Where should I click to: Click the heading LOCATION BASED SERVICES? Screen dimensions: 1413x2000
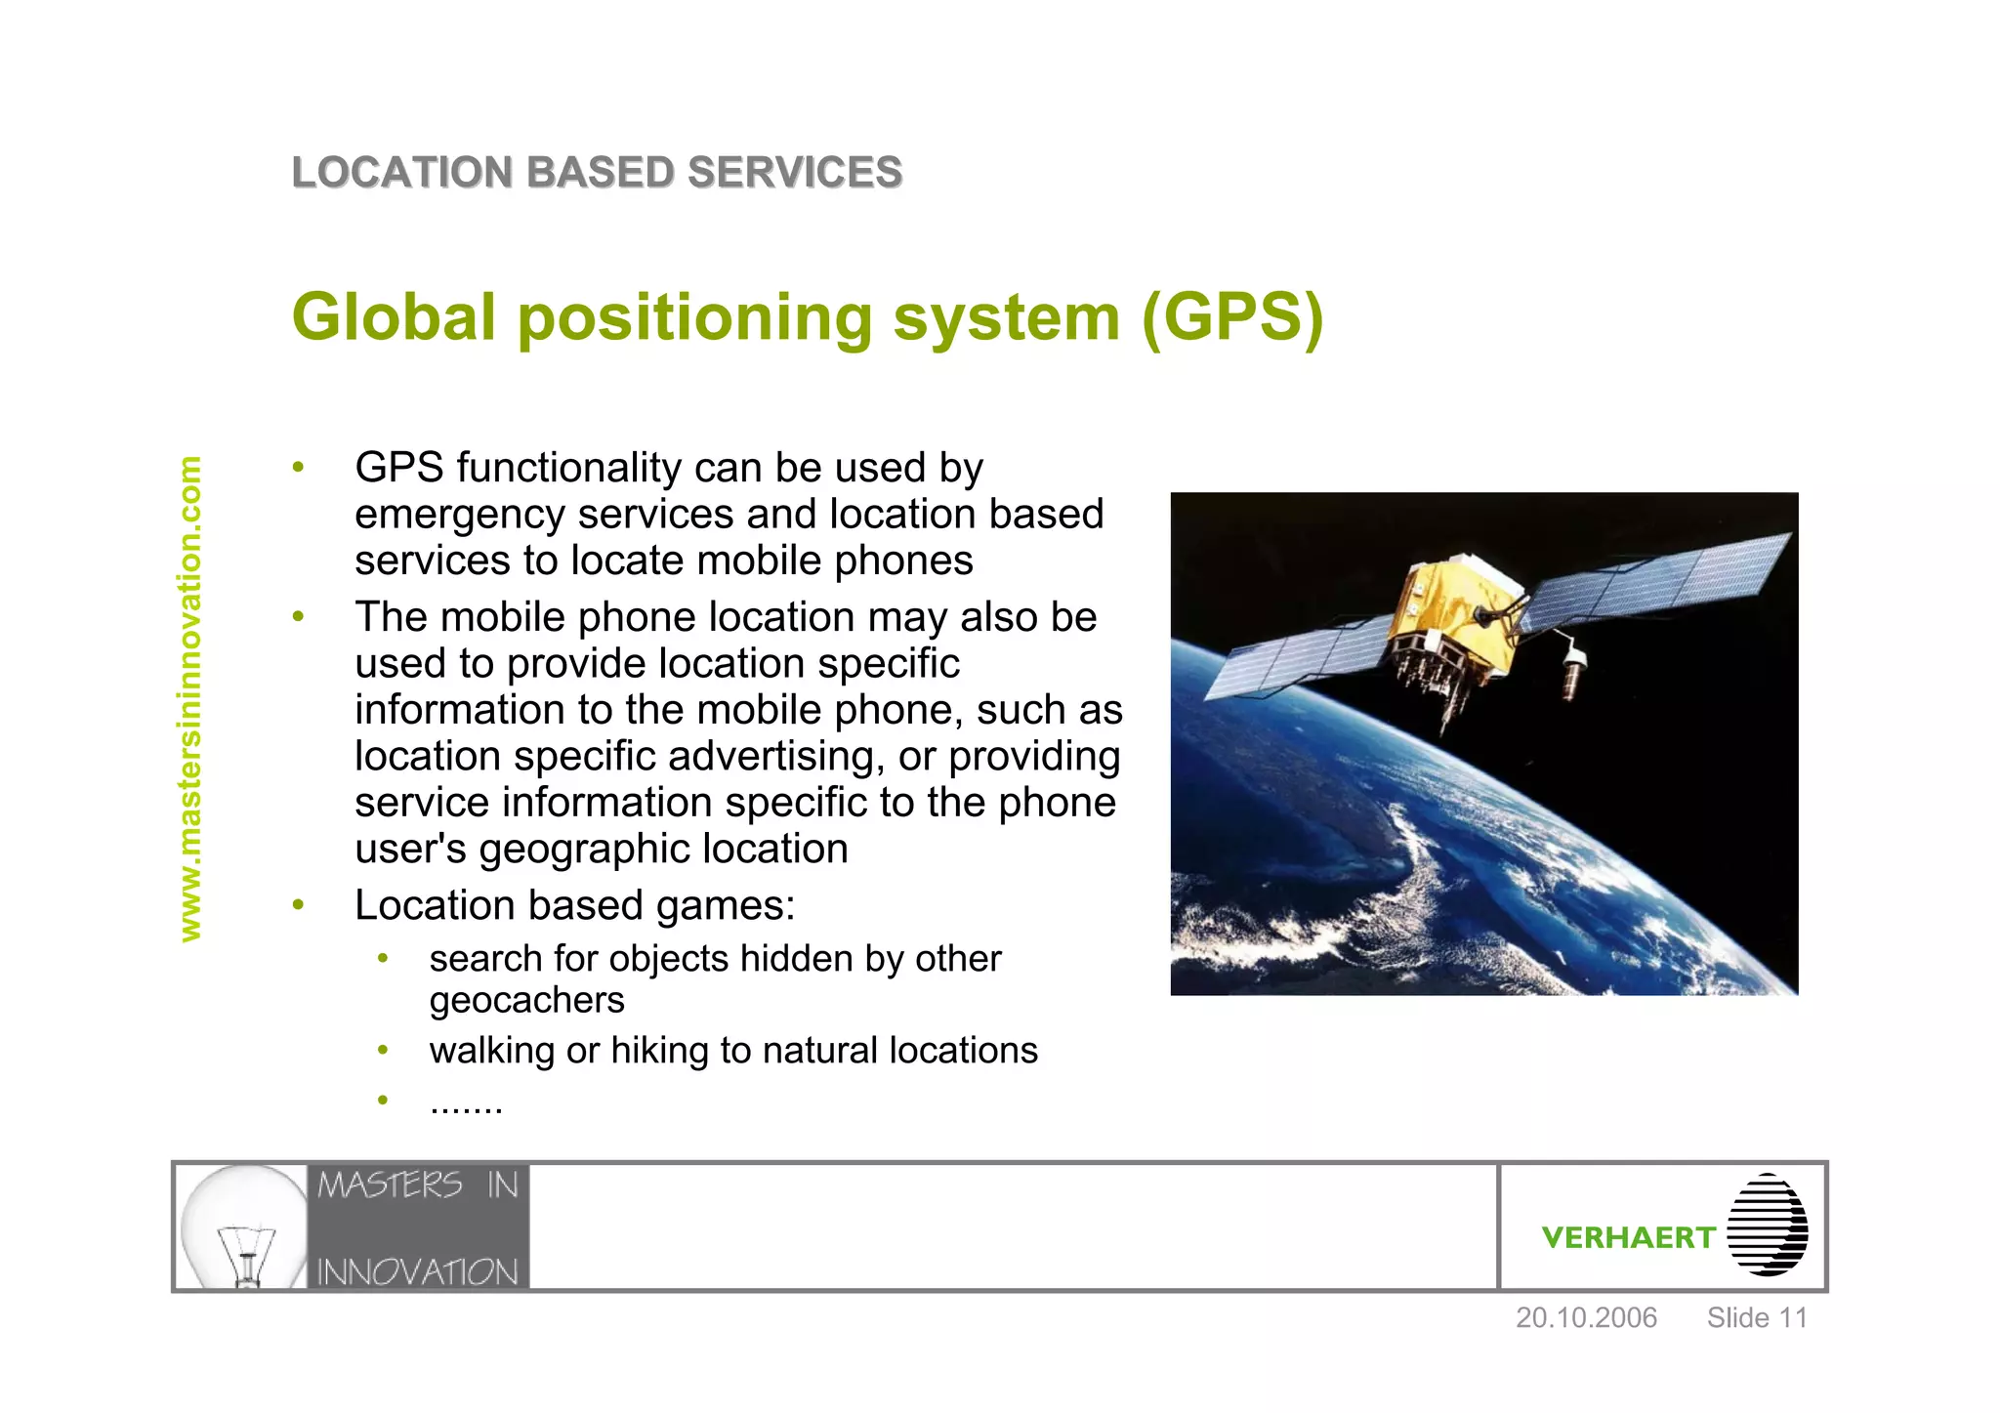(x=597, y=173)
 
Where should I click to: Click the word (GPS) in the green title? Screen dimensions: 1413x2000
(x=1232, y=317)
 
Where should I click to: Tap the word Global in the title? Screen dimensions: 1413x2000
(x=394, y=317)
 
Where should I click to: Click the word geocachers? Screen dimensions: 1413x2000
(x=526, y=1001)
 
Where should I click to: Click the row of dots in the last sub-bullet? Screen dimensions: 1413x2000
(x=466, y=1105)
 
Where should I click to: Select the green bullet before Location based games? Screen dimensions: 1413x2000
(x=299, y=905)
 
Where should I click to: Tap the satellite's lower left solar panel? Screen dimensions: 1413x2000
(x=1289, y=664)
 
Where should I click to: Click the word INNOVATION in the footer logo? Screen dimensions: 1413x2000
(x=417, y=1271)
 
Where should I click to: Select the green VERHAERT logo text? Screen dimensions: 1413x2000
(x=1627, y=1238)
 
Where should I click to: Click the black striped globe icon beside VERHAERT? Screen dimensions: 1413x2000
(x=1767, y=1226)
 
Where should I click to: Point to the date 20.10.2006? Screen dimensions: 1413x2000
(x=1586, y=1318)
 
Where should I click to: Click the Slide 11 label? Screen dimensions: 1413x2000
(x=1756, y=1318)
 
